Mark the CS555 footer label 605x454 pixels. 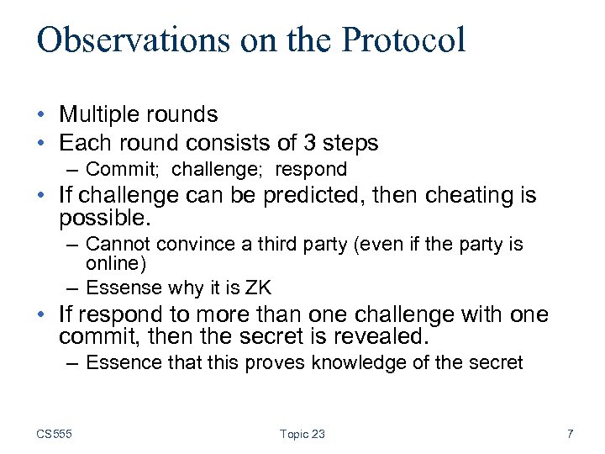(54, 434)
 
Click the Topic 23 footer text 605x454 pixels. (302, 434)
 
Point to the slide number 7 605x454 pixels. (570, 434)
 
